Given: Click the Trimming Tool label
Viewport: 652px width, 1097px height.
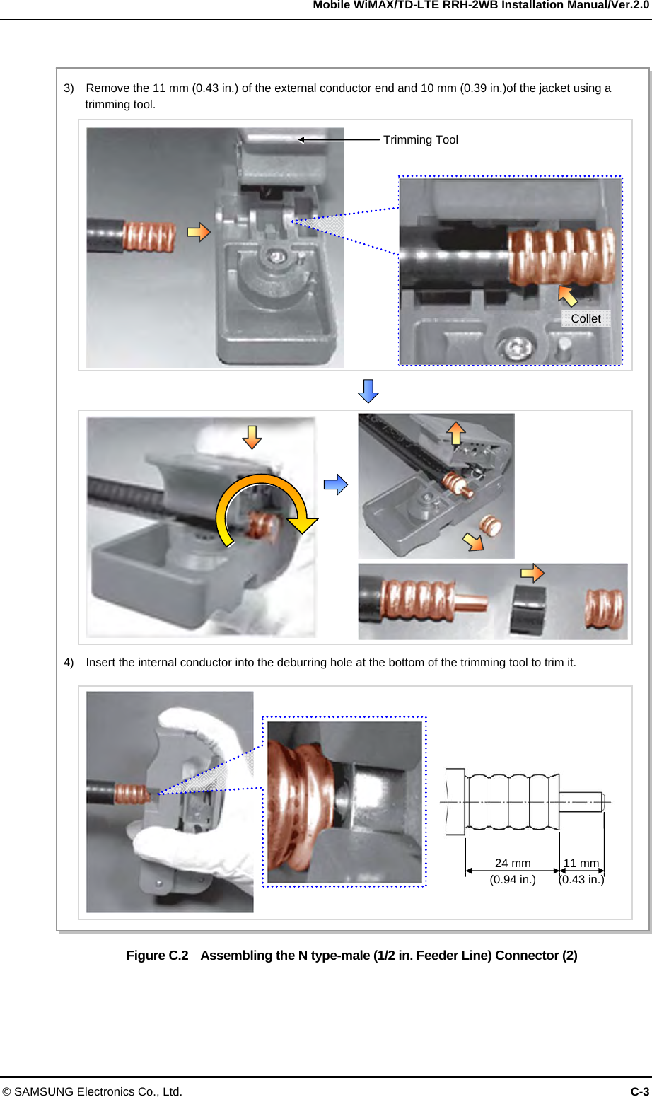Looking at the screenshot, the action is (x=421, y=140).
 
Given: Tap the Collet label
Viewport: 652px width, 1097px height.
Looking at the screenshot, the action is (x=586, y=319).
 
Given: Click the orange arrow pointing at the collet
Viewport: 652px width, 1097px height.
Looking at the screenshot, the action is (x=568, y=296).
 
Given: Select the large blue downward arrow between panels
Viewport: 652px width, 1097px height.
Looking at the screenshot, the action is (x=368, y=391).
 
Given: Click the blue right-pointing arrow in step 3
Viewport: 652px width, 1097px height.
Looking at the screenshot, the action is (x=336, y=484).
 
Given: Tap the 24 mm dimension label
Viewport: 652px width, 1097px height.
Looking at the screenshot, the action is (x=513, y=863).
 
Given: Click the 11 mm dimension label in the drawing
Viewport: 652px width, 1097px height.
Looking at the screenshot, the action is (x=581, y=863).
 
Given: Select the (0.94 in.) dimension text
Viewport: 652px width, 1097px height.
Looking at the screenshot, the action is (x=513, y=880).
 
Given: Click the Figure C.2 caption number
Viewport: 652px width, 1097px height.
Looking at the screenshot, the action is (x=157, y=956).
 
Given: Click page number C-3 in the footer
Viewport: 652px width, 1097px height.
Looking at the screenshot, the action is (x=639, y=1091).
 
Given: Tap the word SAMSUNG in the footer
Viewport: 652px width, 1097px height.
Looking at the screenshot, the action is (x=44, y=1091).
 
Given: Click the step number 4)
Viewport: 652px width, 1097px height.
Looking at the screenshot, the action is (x=69, y=663).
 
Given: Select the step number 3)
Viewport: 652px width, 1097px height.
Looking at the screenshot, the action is (x=69, y=88).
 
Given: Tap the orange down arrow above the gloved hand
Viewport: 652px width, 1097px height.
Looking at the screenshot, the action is (x=252, y=437).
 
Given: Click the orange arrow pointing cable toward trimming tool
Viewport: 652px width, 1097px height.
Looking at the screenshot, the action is (x=199, y=232).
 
